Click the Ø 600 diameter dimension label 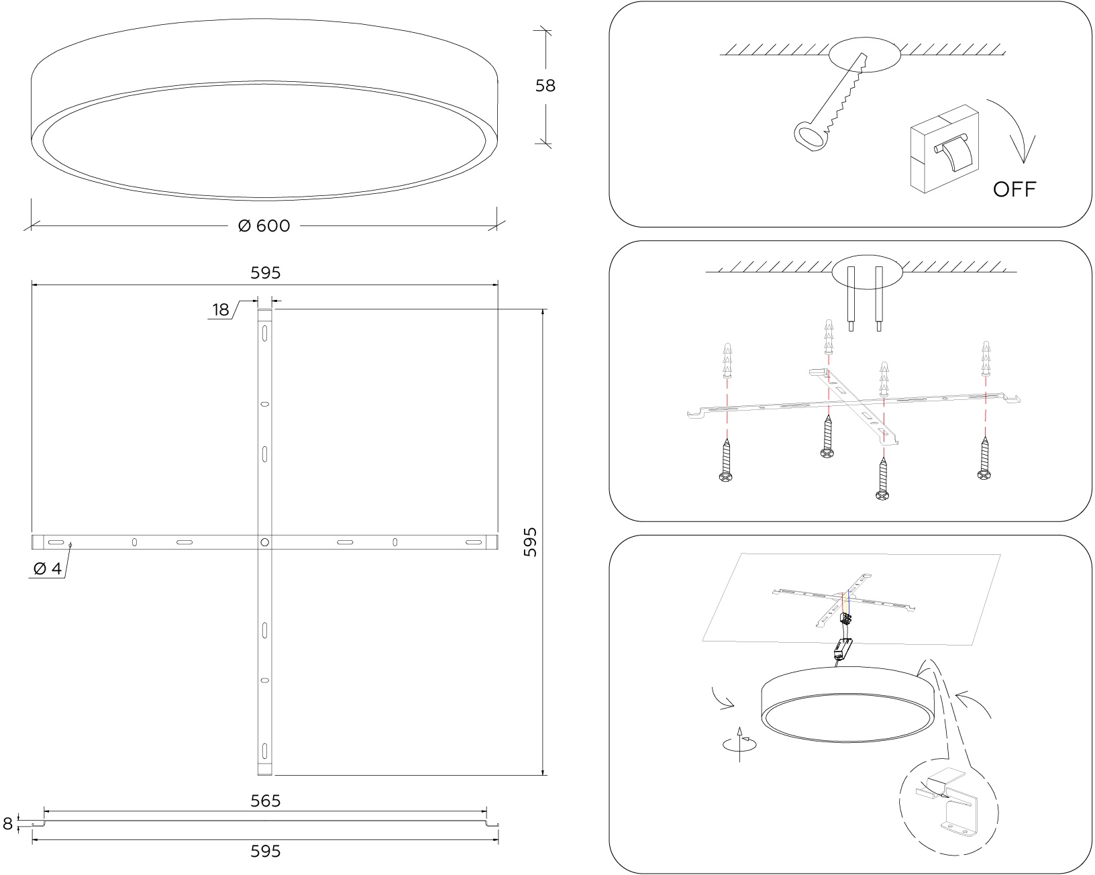264,226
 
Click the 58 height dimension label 545,85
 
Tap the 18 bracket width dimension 221,310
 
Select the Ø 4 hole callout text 48,568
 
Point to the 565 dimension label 265,801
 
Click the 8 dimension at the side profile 7,823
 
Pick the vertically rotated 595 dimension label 530,542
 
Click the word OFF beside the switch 1014,189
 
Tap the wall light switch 944,149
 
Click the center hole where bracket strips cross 264,542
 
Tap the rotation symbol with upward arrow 740,743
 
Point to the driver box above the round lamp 843,650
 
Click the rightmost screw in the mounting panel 984,458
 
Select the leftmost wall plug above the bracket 727,360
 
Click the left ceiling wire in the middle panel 851,299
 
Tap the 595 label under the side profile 265,851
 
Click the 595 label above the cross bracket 265,273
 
